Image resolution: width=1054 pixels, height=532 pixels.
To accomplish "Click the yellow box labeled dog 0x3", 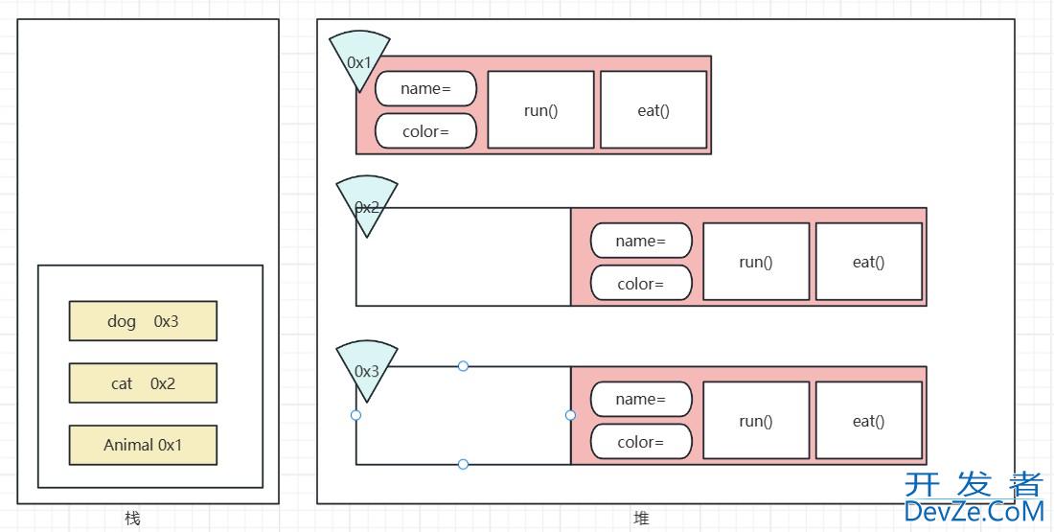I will coord(143,321).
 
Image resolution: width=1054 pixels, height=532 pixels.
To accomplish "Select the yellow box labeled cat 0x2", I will coord(143,383).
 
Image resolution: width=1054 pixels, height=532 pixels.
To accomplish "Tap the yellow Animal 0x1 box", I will coord(143,445).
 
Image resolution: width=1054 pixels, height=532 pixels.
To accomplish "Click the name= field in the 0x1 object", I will coord(425,88).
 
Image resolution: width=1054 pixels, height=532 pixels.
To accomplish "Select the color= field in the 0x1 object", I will coord(425,131).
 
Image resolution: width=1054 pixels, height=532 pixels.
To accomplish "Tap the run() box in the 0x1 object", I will coord(540,110).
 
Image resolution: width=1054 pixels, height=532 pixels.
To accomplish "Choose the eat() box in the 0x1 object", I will coord(653,110).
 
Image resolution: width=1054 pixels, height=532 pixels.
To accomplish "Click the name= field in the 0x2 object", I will coord(641,241).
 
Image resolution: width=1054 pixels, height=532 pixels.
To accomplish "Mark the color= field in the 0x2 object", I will coord(641,284).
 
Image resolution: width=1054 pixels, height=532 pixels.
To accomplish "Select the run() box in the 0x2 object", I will coord(756,262).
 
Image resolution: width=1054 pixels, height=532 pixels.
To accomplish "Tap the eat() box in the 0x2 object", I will coord(869,262).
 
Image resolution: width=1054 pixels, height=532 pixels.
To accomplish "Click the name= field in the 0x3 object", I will coord(641,399).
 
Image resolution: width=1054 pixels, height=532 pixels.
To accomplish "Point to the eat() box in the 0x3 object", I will coord(869,421).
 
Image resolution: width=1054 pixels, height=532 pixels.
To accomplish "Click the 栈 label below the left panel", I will coord(132,519).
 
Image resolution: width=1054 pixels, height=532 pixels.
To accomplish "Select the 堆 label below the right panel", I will coord(641,519).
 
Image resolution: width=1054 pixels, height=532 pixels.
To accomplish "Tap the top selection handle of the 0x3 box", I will coord(463,366).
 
